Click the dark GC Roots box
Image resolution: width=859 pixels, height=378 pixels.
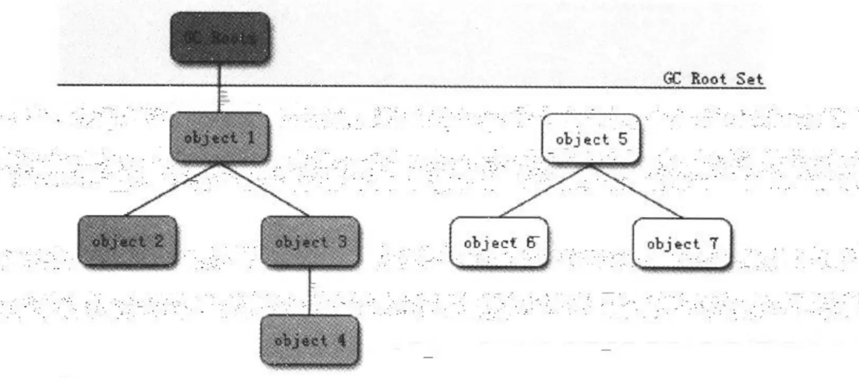click(220, 38)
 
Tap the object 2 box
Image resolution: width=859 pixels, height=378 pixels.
click(127, 240)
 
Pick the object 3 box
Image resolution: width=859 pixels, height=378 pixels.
click(310, 241)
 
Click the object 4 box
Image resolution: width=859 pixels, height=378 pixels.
click(310, 340)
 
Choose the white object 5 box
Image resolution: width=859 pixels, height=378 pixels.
click(591, 139)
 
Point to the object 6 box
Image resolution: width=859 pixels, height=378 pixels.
click(499, 243)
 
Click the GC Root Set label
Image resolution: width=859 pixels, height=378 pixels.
click(713, 79)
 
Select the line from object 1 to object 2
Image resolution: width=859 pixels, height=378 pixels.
click(171, 189)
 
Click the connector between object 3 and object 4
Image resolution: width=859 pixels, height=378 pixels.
click(310, 291)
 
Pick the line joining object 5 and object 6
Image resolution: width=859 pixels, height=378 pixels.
click(545, 191)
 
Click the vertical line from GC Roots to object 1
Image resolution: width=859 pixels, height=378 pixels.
click(220, 89)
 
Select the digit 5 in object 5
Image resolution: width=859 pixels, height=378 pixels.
click(623, 139)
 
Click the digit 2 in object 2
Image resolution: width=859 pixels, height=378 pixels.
click(158, 240)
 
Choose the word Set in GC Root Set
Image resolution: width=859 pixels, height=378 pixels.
click(750, 79)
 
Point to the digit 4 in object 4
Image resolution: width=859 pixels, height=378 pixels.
click(341, 340)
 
